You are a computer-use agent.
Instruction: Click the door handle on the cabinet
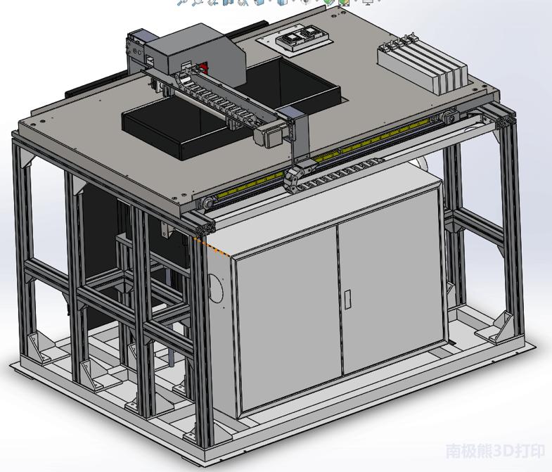click(x=347, y=298)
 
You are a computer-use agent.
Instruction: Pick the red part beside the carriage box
click(x=204, y=68)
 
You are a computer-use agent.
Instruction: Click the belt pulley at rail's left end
click(x=206, y=205)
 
